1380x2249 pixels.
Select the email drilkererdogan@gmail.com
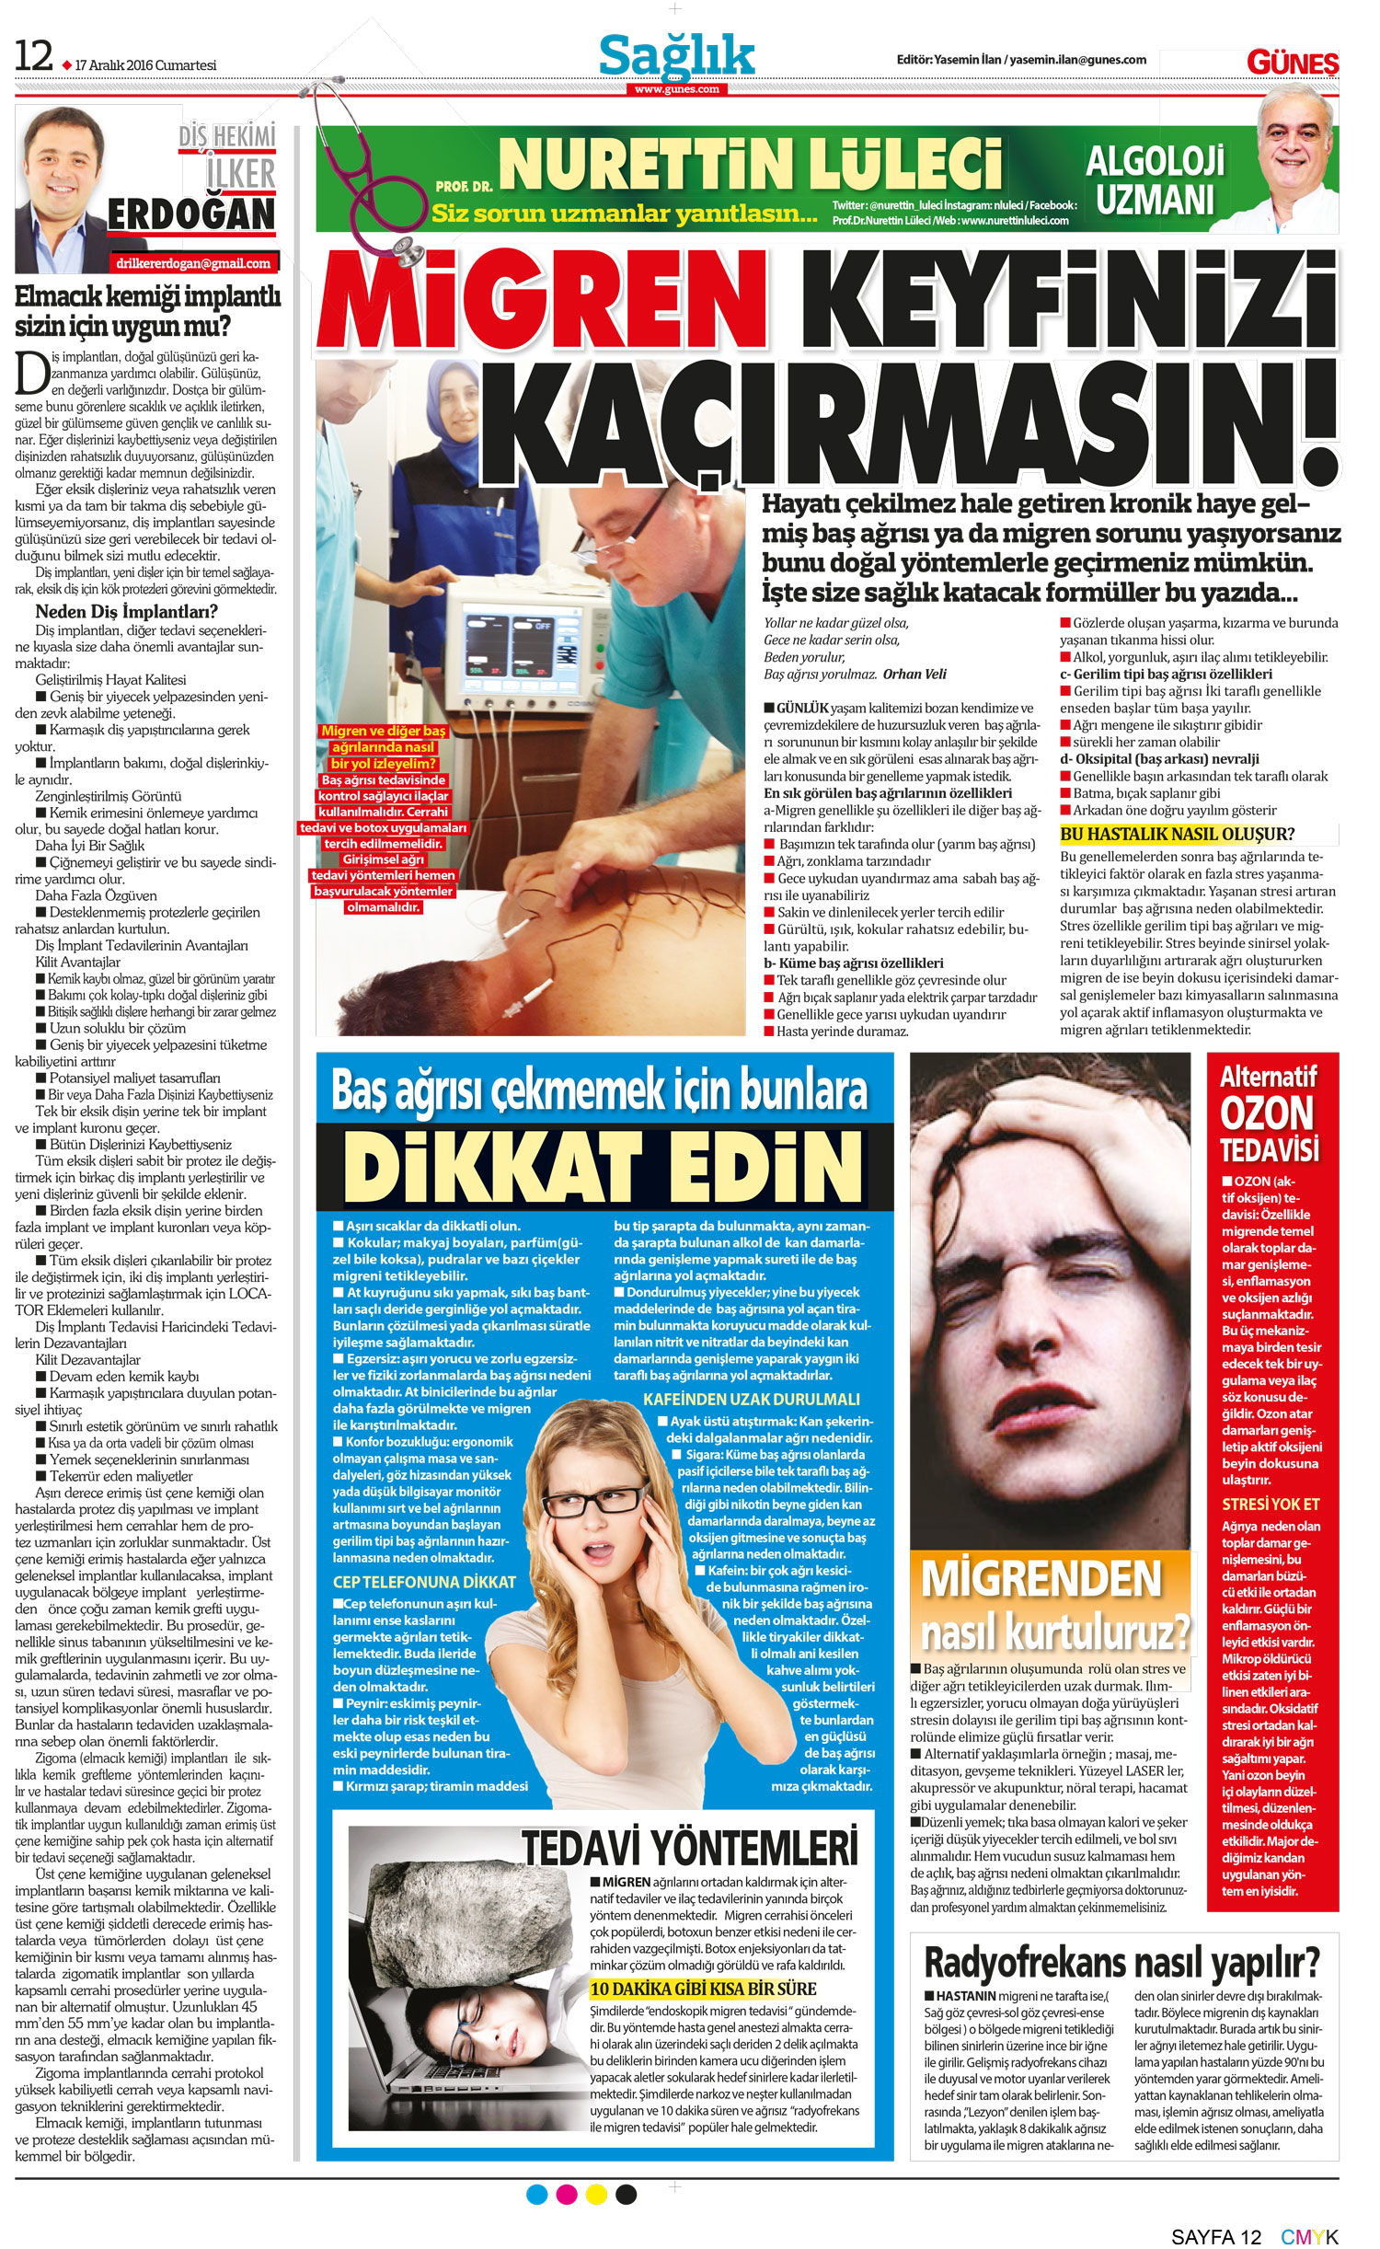tap(193, 263)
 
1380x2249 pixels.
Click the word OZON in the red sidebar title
tap(1267, 1113)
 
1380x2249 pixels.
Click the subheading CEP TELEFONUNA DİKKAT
tap(424, 1583)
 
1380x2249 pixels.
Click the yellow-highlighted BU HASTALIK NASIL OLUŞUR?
tap(1177, 834)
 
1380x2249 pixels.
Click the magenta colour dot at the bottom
tap(567, 2195)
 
